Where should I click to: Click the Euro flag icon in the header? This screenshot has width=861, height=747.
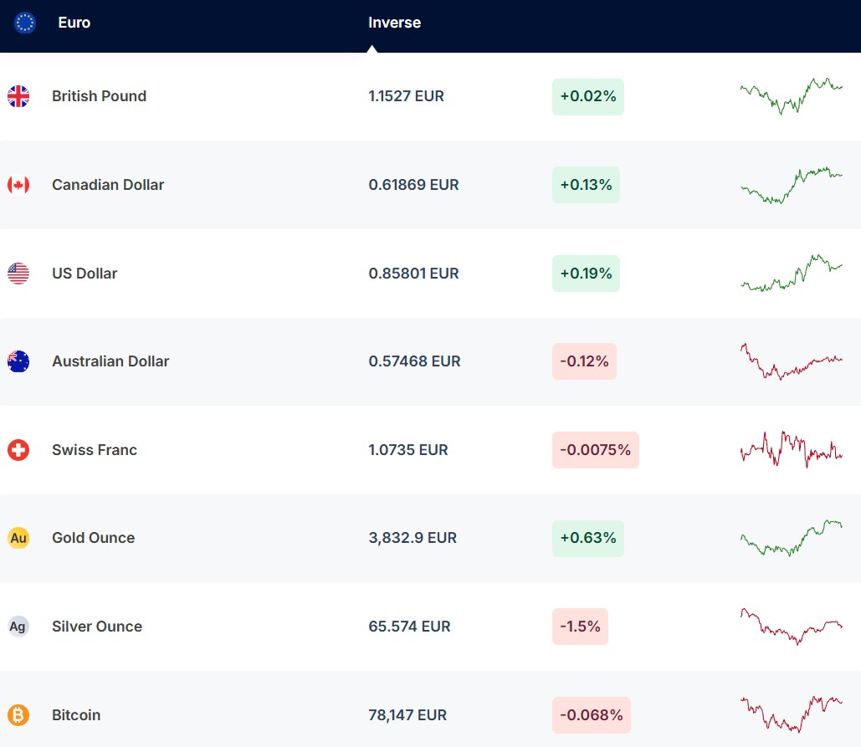pos(25,23)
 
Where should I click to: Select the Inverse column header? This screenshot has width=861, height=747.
pos(394,23)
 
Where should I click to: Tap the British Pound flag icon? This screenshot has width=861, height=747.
pos(18,96)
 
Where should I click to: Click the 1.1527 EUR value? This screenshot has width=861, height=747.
pos(406,96)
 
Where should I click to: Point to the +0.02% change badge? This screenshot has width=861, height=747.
pos(587,97)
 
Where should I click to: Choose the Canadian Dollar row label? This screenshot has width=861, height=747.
pos(108,185)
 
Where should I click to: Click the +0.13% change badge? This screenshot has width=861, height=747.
pos(586,185)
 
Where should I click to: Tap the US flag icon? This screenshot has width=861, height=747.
pos(18,274)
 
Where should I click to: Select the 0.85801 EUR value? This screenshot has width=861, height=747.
pos(413,274)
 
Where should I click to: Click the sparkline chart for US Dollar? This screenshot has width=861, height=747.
pos(791,274)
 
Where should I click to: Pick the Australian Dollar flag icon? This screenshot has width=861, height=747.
pos(18,361)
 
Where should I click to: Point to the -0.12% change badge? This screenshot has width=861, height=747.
pos(584,361)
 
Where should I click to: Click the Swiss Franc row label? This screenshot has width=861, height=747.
pos(95,450)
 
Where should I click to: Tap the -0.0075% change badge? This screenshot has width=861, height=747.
pos(595,450)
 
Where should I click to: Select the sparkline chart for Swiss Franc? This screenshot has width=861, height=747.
pos(791,449)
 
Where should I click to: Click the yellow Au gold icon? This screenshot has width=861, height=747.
pos(18,538)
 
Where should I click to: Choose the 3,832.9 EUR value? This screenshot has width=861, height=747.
pos(413,538)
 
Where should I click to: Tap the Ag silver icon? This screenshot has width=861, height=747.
pos(18,627)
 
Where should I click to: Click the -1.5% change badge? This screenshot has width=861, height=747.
pos(580,627)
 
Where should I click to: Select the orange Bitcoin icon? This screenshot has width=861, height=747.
pos(18,715)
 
